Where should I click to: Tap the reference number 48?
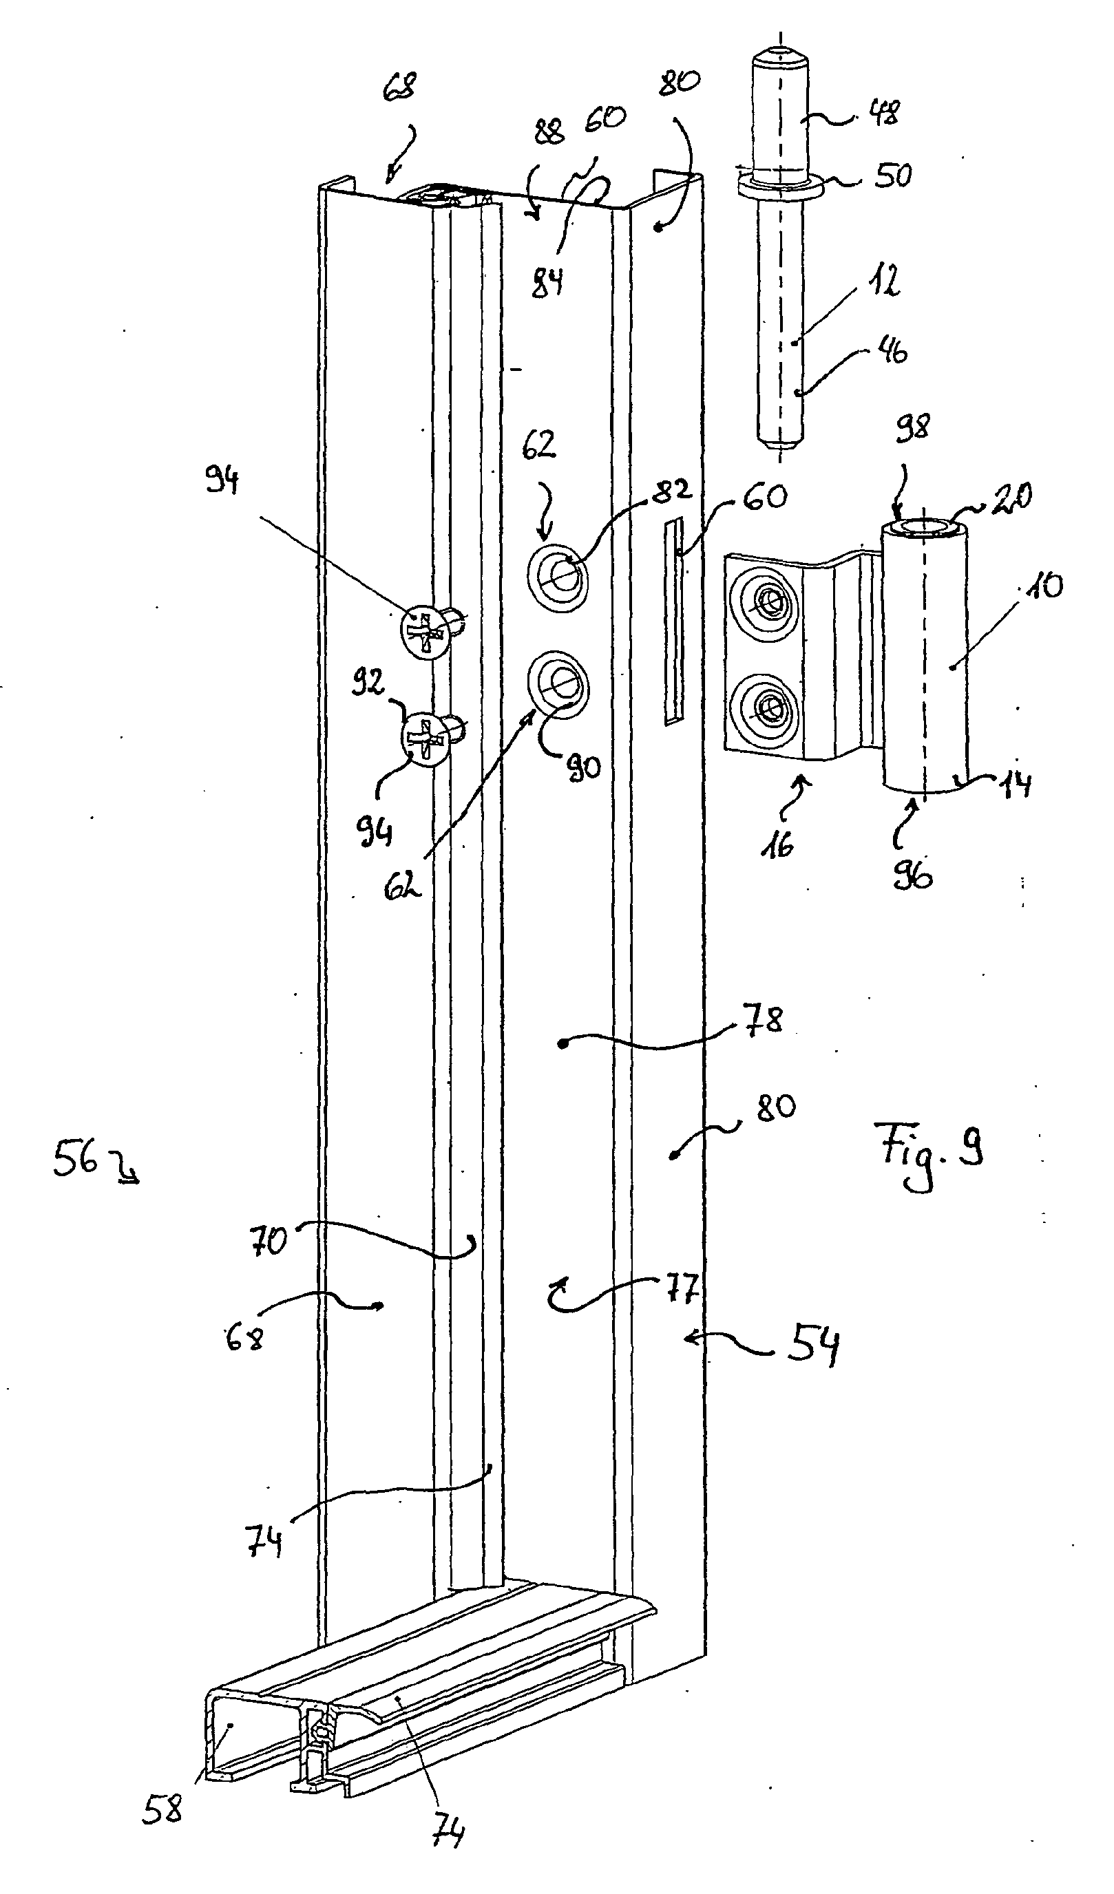point(884,114)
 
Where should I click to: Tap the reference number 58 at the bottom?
point(162,1809)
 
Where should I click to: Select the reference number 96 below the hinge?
point(912,874)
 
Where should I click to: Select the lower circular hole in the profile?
point(558,683)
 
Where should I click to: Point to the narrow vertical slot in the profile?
point(674,620)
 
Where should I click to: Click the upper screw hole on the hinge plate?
point(767,602)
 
